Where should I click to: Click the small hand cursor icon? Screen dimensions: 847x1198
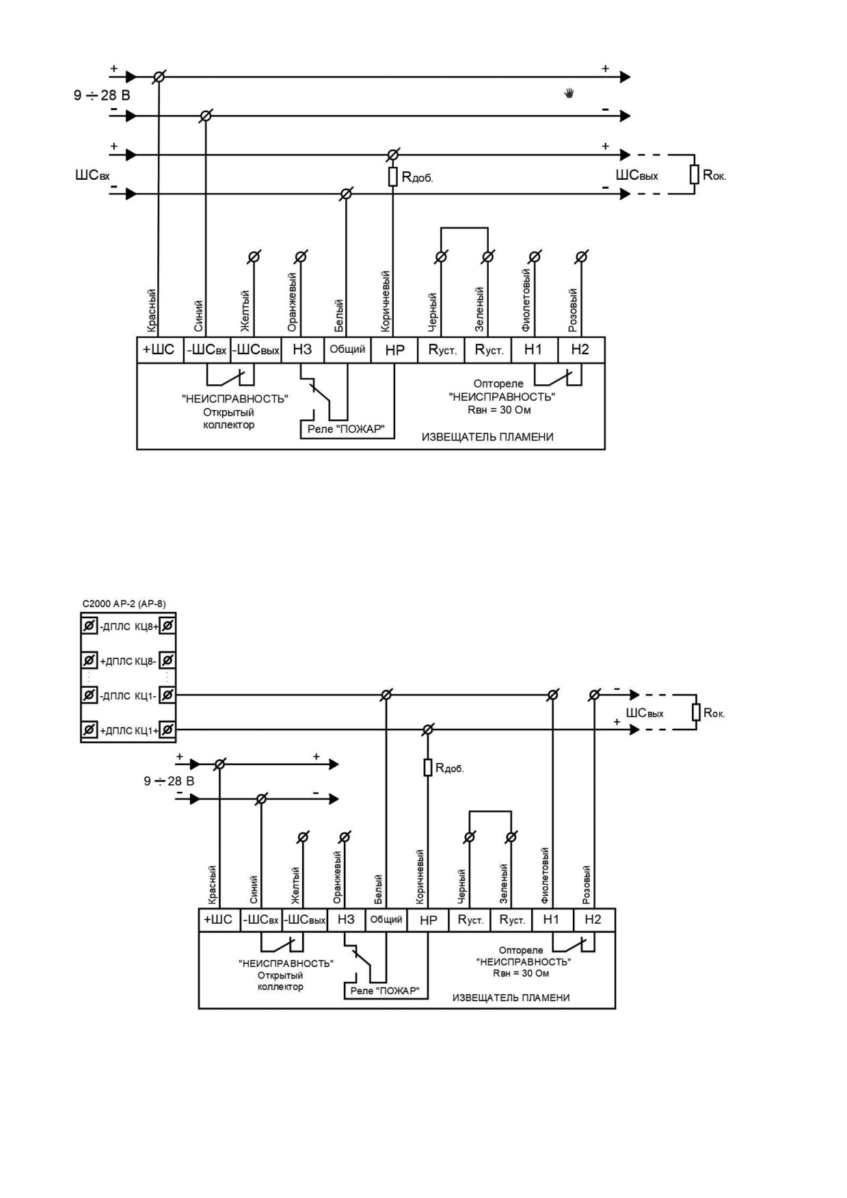coord(569,93)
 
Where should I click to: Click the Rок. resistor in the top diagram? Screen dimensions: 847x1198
coord(695,174)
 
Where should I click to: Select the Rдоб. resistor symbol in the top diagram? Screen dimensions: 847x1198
coord(393,177)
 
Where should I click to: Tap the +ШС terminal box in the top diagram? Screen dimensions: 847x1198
coord(160,349)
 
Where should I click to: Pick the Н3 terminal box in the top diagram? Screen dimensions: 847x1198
coord(302,349)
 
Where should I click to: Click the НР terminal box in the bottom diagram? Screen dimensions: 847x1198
coord(428,920)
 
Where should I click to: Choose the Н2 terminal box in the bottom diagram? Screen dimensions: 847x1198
coord(593,920)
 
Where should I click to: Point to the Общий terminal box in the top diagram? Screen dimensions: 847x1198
coord(347,349)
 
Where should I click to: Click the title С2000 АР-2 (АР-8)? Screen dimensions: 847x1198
coord(124,604)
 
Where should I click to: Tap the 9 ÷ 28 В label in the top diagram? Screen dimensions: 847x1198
coord(102,95)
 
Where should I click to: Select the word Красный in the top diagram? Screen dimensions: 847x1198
coord(152,311)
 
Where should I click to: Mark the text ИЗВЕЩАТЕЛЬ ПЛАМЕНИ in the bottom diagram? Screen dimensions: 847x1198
coord(511,998)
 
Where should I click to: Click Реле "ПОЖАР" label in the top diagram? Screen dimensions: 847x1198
coord(346,429)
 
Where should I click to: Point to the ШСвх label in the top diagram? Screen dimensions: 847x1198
coord(92,176)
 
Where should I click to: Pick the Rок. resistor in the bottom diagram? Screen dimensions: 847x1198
coord(697,713)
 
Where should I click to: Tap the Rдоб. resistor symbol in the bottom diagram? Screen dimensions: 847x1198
coord(428,767)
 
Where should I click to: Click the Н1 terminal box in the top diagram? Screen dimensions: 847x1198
coord(533,349)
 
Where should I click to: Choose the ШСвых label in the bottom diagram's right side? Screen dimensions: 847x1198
coord(645,713)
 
